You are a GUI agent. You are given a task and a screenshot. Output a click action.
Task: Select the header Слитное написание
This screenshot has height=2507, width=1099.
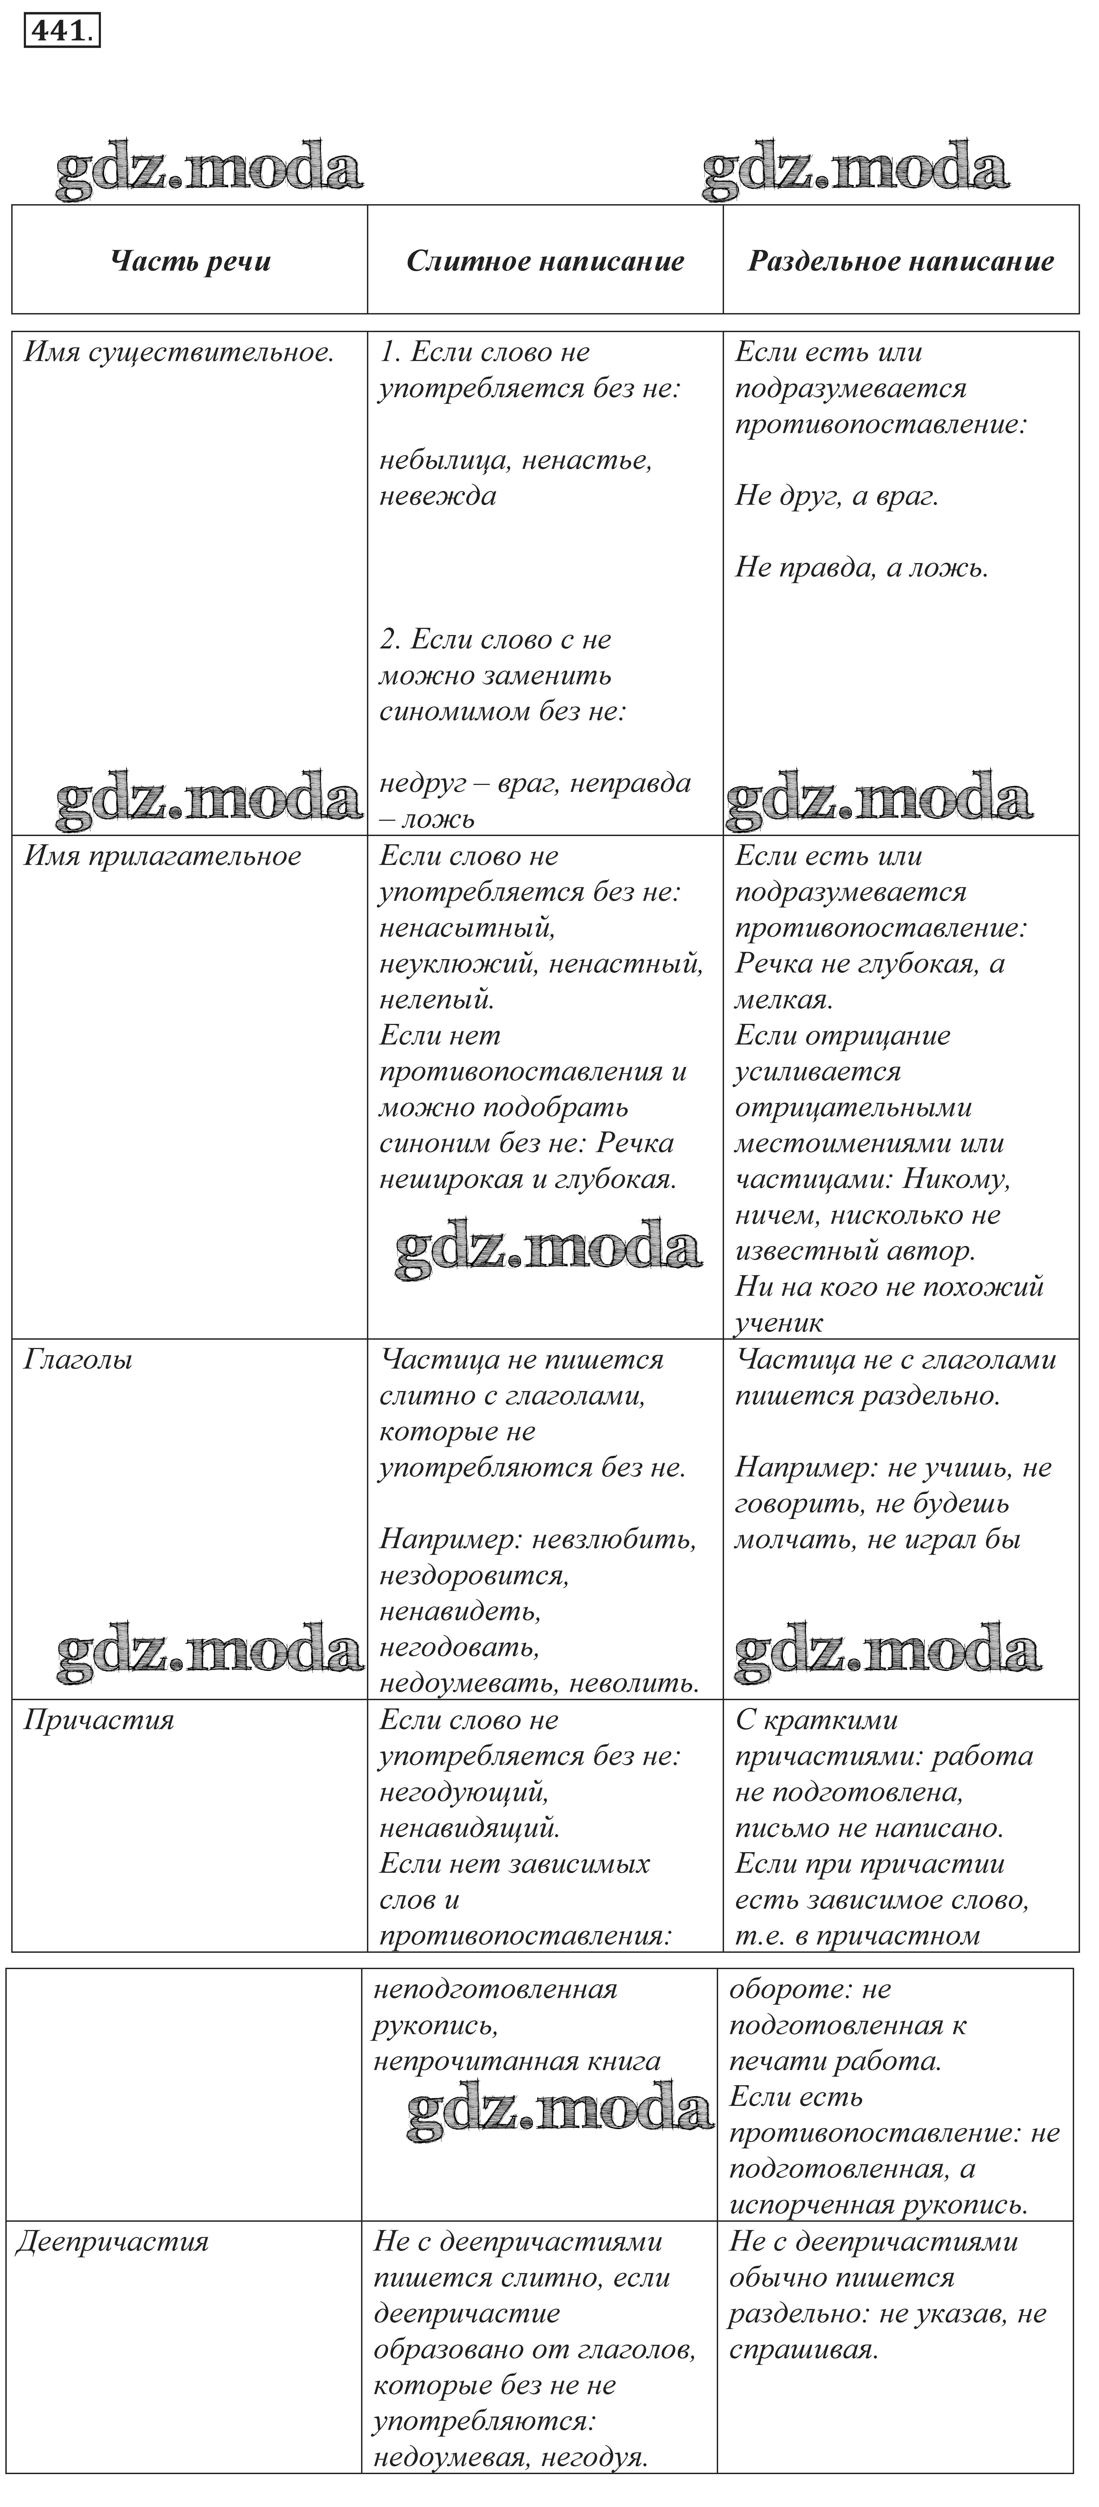click(545, 261)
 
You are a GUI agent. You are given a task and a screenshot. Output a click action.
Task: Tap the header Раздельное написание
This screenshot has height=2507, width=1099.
click(900, 261)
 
